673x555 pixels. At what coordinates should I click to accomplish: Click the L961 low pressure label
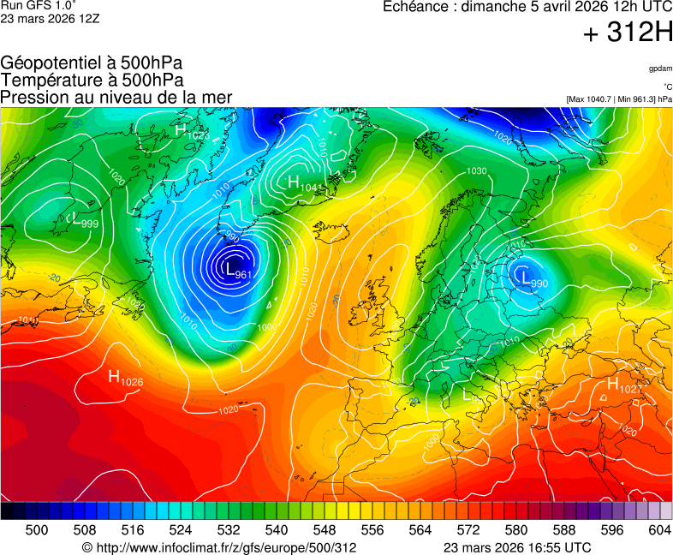(236, 271)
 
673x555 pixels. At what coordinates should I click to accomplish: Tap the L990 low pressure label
(533, 280)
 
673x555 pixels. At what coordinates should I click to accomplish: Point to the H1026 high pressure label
(125, 377)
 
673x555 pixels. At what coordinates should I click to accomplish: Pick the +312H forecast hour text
(628, 33)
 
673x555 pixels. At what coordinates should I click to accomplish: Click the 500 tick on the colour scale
(37, 530)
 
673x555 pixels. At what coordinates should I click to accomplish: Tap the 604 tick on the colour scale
(659, 530)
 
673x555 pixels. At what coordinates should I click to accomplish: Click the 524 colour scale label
(181, 530)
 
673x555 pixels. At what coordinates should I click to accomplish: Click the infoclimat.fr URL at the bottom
(218, 547)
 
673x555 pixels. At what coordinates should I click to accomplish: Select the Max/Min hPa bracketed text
(619, 99)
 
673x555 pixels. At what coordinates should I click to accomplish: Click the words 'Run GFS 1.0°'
(32, 5)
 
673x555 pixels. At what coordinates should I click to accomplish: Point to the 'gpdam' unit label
(659, 69)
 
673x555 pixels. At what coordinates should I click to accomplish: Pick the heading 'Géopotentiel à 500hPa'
(92, 63)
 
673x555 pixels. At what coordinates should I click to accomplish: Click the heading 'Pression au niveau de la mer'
(116, 98)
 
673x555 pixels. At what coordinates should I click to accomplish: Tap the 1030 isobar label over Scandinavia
(476, 171)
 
